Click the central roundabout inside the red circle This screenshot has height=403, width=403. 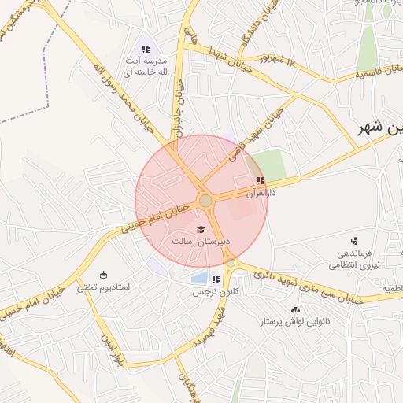[x=205, y=201]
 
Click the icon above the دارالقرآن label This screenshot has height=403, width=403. [x=261, y=180]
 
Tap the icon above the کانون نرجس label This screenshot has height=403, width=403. [x=216, y=279]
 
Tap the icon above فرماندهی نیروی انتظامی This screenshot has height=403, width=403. [x=354, y=240]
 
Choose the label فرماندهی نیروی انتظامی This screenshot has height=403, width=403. [x=359, y=260]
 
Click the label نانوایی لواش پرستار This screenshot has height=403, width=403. [x=295, y=322]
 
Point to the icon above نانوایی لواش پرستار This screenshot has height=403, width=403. [x=295, y=310]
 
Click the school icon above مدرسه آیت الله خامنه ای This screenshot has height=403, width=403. [x=146, y=50]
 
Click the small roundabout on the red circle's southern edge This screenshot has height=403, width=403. [x=229, y=263]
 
